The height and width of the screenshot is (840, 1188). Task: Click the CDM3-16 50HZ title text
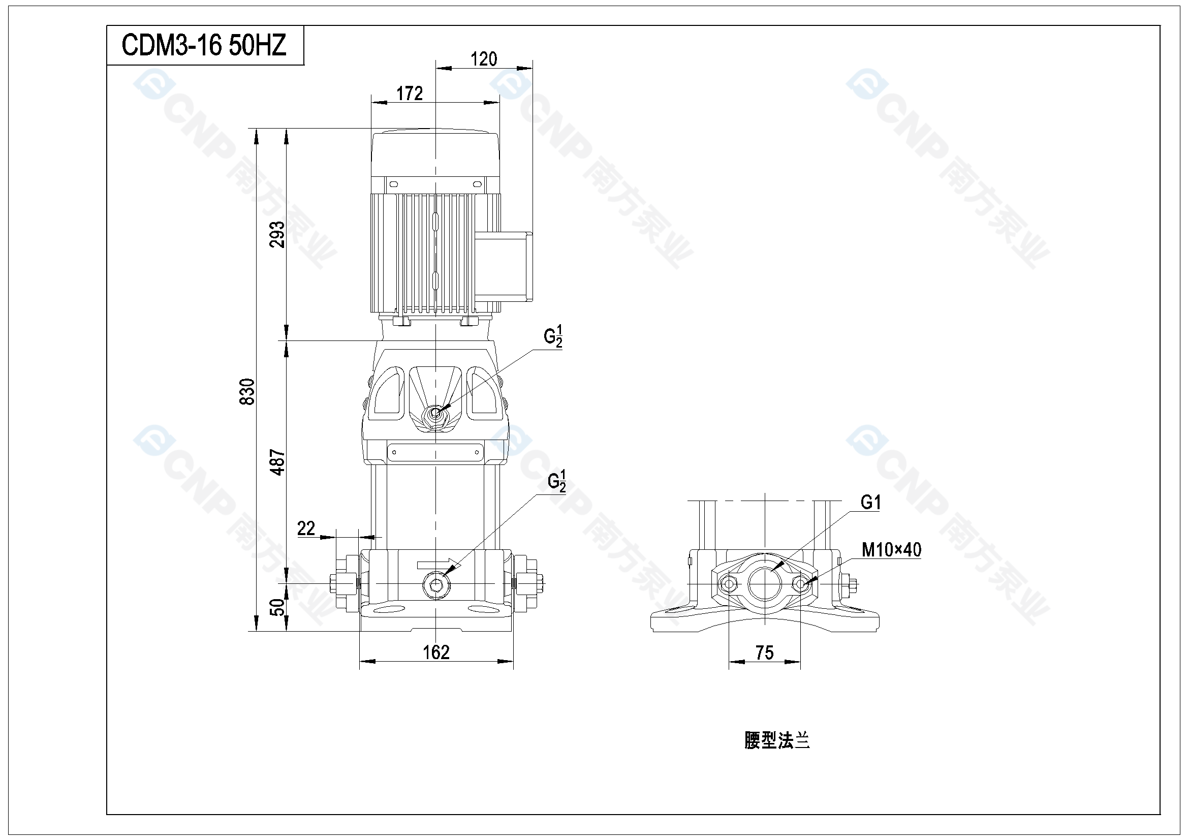tap(204, 45)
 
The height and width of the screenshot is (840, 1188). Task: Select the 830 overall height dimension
tap(248, 392)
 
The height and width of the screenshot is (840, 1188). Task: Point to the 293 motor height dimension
tap(277, 234)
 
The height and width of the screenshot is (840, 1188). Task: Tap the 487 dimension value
tap(277, 462)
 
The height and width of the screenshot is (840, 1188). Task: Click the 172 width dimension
tap(409, 94)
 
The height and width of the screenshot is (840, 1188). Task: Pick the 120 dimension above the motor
tap(484, 59)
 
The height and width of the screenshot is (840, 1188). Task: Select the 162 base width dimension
tap(436, 652)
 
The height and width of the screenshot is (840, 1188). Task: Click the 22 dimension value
tap(306, 528)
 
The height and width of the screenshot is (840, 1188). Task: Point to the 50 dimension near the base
tap(278, 607)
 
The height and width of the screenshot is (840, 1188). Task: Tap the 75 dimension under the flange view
tap(765, 652)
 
